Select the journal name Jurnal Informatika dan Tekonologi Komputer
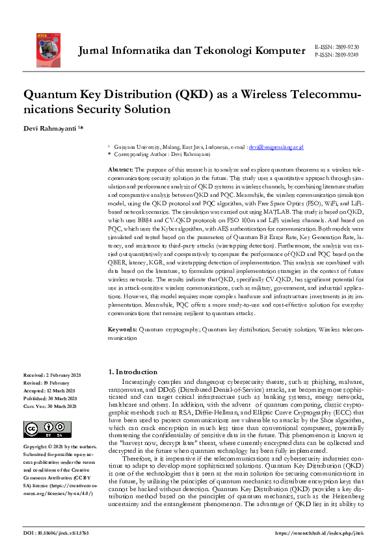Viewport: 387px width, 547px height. click(x=191, y=51)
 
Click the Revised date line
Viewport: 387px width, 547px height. click(x=47, y=383)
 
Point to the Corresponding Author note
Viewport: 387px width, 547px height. click(x=150, y=155)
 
